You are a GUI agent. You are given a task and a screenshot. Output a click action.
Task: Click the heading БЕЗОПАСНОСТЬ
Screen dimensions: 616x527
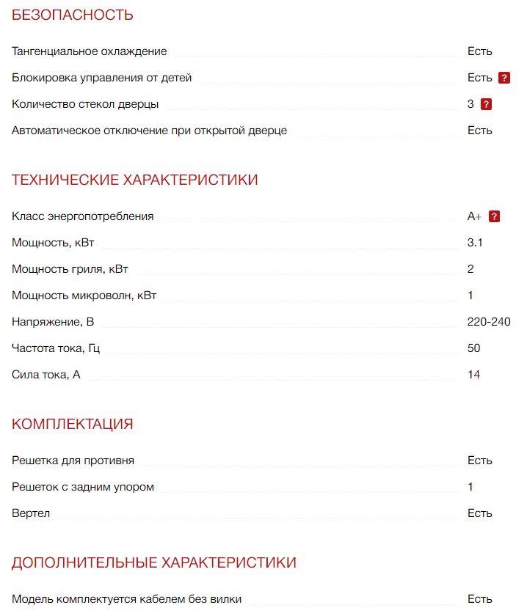73,15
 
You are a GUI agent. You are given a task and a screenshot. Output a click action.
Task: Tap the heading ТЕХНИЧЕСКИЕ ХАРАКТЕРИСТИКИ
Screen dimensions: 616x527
135,180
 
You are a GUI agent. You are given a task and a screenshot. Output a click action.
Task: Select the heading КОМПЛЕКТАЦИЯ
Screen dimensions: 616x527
73,424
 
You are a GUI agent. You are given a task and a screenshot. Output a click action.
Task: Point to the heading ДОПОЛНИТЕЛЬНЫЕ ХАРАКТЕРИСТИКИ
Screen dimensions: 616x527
154,562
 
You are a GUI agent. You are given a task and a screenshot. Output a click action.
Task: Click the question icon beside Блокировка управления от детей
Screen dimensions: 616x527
504,78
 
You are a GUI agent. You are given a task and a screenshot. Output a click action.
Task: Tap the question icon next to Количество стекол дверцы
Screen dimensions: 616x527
486,104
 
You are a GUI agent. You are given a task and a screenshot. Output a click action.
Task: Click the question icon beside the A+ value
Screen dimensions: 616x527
495,216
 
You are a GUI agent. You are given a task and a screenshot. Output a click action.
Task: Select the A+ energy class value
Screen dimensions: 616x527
475,216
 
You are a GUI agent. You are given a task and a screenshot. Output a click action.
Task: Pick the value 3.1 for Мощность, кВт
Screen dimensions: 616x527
475,243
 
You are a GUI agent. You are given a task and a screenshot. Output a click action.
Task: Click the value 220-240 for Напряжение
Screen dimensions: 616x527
489,322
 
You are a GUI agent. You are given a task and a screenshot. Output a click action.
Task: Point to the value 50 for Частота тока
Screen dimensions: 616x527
473,348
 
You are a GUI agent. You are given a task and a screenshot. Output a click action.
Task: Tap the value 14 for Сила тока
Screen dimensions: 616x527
473,375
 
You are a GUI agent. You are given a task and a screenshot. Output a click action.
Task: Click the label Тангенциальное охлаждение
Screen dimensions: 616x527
90,51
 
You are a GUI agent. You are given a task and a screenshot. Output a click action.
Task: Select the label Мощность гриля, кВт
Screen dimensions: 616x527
70,269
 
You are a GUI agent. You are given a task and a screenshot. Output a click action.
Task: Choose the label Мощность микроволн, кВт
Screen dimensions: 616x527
84,296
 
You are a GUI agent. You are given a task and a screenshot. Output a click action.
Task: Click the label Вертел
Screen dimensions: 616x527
31,513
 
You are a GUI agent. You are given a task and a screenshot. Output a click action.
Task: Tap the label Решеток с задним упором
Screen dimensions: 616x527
83,487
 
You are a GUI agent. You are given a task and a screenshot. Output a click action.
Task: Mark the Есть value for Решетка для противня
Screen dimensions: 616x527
479,461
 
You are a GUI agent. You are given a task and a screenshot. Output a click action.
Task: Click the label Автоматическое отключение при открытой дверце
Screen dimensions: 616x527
150,131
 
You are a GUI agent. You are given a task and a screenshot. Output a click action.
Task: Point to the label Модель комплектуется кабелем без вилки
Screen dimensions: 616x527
127,599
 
